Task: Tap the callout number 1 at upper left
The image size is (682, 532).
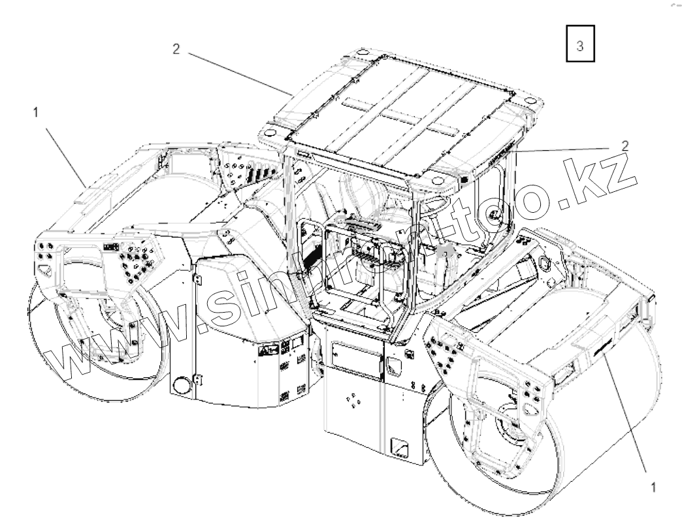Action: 35,112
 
